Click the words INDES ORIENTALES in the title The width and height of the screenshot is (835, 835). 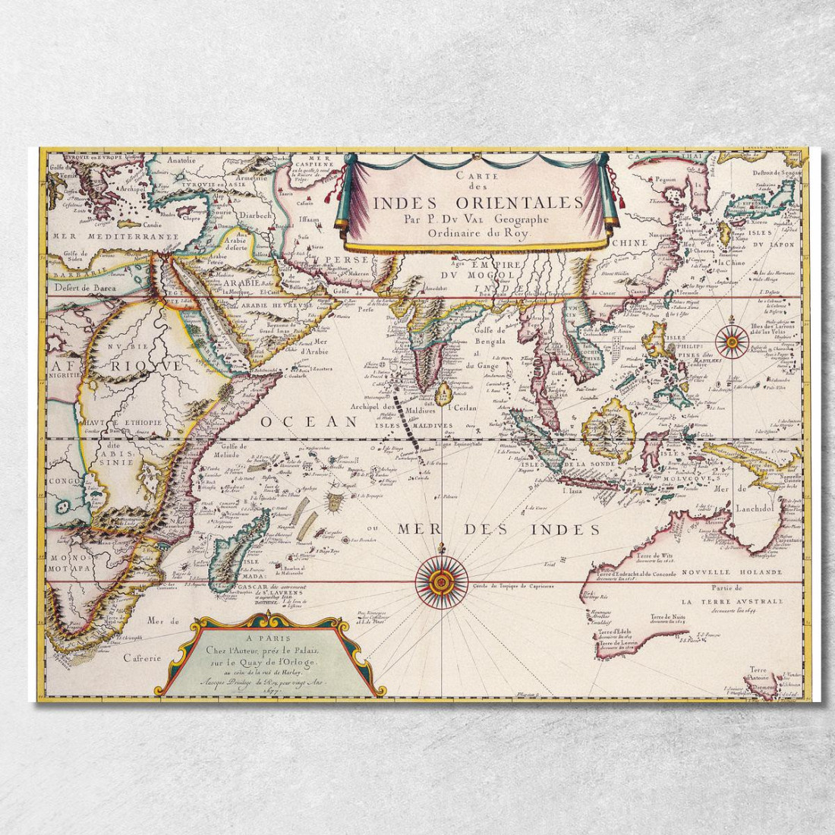pyautogui.click(x=477, y=203)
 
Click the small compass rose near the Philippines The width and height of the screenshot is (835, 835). pyautogui.click(x=731, y=341)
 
